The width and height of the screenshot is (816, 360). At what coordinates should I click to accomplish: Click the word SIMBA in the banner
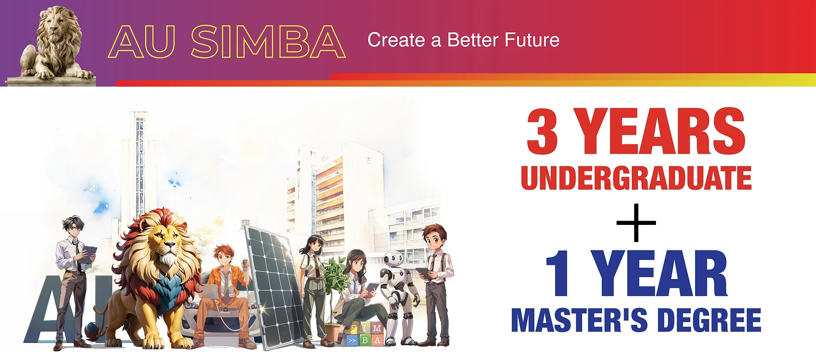(268, 42)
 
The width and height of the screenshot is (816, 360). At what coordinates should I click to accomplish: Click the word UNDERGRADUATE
(636, 178)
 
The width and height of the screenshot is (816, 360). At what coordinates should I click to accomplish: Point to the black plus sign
(636, 223)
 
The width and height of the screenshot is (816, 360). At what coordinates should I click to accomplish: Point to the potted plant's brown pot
(333, 332)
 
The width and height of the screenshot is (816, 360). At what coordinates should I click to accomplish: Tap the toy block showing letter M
(377, 328)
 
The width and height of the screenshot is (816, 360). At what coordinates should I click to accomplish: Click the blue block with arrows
(352, 340)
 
